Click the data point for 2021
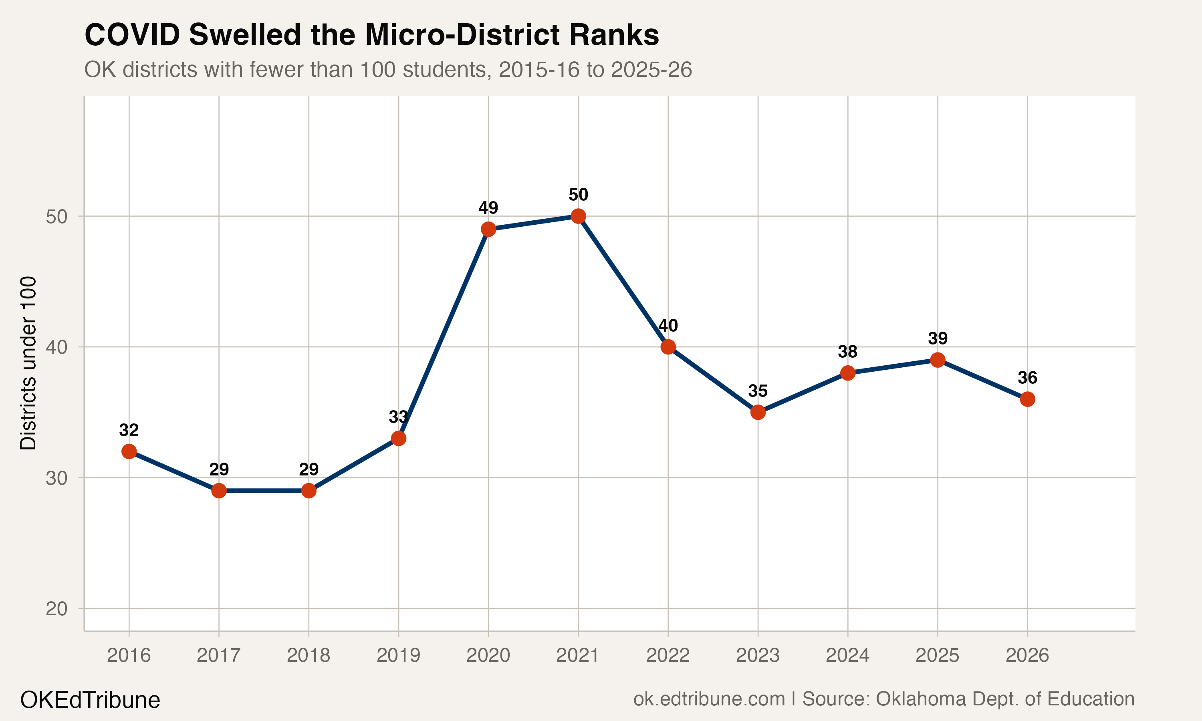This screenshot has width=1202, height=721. point(578,216)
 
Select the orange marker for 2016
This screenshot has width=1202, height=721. point(129,451)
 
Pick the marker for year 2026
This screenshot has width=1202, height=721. point(1027,399)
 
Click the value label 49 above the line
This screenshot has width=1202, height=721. point(488,208)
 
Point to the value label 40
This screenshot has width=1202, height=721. point(668,326)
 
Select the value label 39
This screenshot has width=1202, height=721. point(937,338)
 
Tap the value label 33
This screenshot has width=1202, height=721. point(398,417)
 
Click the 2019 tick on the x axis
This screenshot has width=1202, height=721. point(398,655)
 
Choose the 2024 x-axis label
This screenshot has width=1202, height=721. point(847,655)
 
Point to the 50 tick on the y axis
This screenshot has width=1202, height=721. point(56,217)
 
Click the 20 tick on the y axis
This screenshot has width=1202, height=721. point(56,609)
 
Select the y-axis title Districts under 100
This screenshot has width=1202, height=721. point(28,363)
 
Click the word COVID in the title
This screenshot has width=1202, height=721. point(132,35)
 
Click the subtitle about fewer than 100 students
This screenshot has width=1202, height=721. point(388,69)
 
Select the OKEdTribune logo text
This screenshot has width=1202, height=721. point(90,700)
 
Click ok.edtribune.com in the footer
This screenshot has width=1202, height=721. point(709,699)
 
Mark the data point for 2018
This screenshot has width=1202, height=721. point(309,491)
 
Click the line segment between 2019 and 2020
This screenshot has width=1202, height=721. point(443,334)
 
